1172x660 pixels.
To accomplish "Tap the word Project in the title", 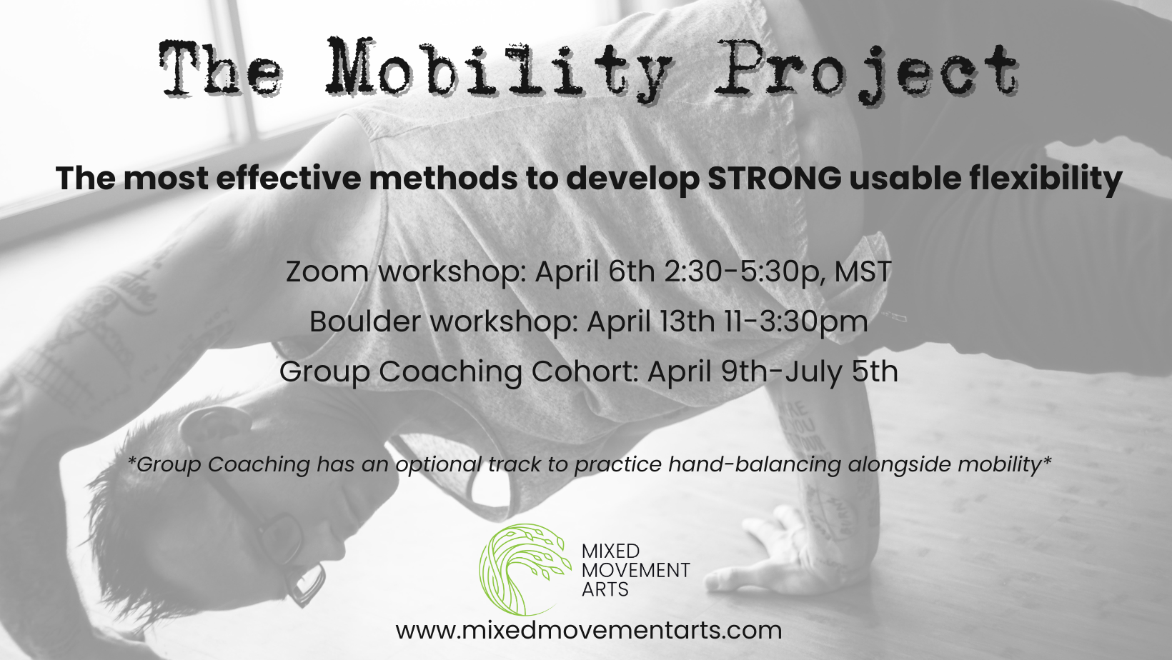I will pyautogui.click(x=866, y=70).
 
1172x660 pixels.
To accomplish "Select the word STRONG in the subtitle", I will pyautogui.click(x=775, y=179).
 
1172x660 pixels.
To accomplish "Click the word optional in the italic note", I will pyautogui.click(x=438, y=464).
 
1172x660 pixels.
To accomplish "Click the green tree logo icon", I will pyautogui.click(x=524, y=569).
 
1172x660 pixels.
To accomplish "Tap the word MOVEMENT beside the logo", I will pyautogui.click(x=636, y=571).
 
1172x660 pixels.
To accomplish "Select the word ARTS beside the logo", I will pyautogui.click(x=605, y=590).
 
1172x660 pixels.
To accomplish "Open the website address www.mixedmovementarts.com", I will pyautogui.click(x=588, y=630).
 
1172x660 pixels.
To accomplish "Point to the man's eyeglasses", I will pyautogui.click(x=282, y=543).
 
